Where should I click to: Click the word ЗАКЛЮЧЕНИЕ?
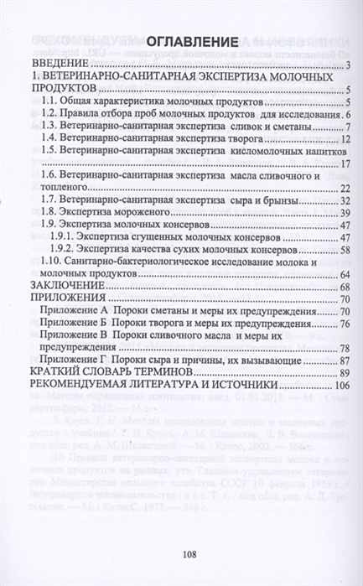(x=68, y=287)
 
